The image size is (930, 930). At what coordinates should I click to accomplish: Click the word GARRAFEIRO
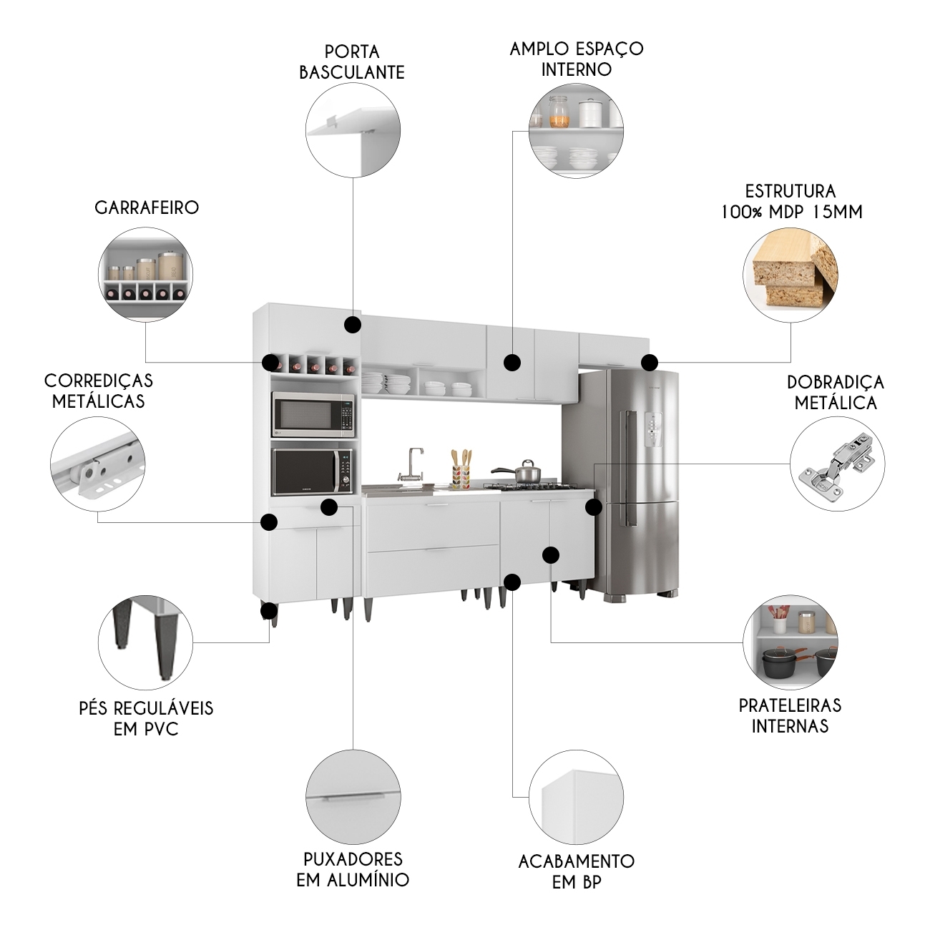click(x=147, y=207)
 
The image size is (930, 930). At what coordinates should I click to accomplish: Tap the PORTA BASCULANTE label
click(x=351, y=62)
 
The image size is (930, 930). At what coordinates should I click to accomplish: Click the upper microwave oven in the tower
click(x=313, y=414)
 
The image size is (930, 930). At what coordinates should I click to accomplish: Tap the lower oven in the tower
click(x=313, y=471)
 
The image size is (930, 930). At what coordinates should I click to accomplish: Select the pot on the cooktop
click(x=527, y=473)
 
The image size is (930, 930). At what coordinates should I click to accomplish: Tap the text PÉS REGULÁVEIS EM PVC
click(x=146, y=718)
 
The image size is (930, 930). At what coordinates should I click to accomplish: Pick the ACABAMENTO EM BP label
click(x=576, y=871)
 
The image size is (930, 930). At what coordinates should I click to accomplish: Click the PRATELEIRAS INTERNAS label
click(x=790, y=715)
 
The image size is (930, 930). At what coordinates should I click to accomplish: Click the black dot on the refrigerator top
click(x=649, y=362)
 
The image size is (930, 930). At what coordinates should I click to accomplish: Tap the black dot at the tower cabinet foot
click(x=269, y=610)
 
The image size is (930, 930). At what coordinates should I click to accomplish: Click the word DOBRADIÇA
click(x=835, y=382)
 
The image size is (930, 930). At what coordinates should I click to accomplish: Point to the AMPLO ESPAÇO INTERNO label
click(x=576, y=59)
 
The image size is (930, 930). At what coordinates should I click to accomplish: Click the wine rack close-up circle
click(x=145, y=275)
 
